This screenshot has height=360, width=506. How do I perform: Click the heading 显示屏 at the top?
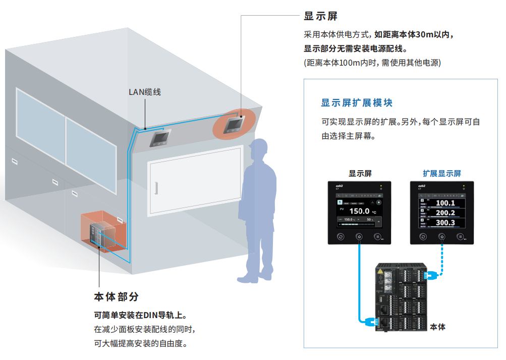coord(321,16)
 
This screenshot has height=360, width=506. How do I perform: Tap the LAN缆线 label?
coord(145,92)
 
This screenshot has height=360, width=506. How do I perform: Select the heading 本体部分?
coord(116,297)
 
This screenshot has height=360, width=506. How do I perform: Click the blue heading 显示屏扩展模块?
coord(357,103)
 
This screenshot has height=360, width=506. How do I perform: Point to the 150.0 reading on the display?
coord(359,211)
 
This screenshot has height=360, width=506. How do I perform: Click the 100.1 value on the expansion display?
coord(445,203)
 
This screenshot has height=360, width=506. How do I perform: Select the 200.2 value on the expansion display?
coord(445,213)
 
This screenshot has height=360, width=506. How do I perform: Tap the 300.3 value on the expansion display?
coord(445,223)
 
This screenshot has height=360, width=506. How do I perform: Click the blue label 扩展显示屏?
coord(442,173)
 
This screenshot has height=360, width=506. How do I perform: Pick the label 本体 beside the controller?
coord(437,327)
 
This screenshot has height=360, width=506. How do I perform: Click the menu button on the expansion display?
coord(460,236)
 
